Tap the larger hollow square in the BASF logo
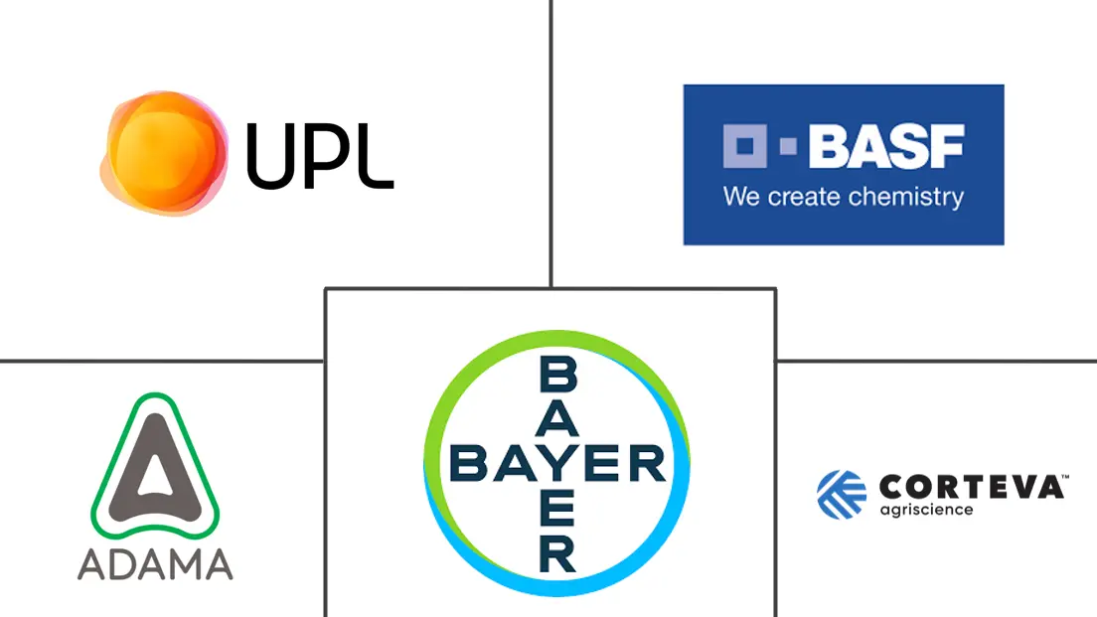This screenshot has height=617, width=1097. point(742,148)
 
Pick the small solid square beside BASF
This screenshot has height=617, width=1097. point(788,148)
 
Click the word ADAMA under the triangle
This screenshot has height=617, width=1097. point(155,563)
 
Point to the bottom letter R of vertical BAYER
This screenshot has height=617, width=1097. point(556,552)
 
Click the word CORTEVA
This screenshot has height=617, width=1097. point(969,488)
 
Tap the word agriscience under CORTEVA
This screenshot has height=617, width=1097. point(926,511)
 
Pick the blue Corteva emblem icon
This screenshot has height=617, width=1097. point(842,495)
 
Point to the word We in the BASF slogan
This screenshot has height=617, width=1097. point(740,196)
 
